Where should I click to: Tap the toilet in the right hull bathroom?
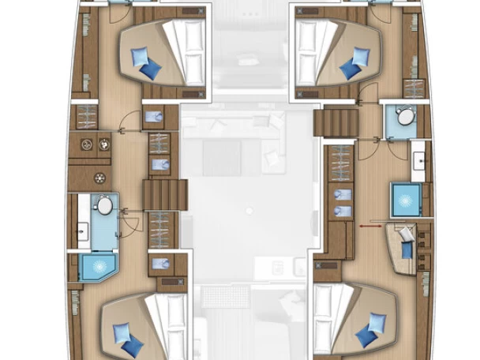tap(405, 117)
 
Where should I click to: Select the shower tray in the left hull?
tap(97, 267)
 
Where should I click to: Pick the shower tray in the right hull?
tap(408, 197)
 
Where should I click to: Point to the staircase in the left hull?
tap(164, 193)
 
